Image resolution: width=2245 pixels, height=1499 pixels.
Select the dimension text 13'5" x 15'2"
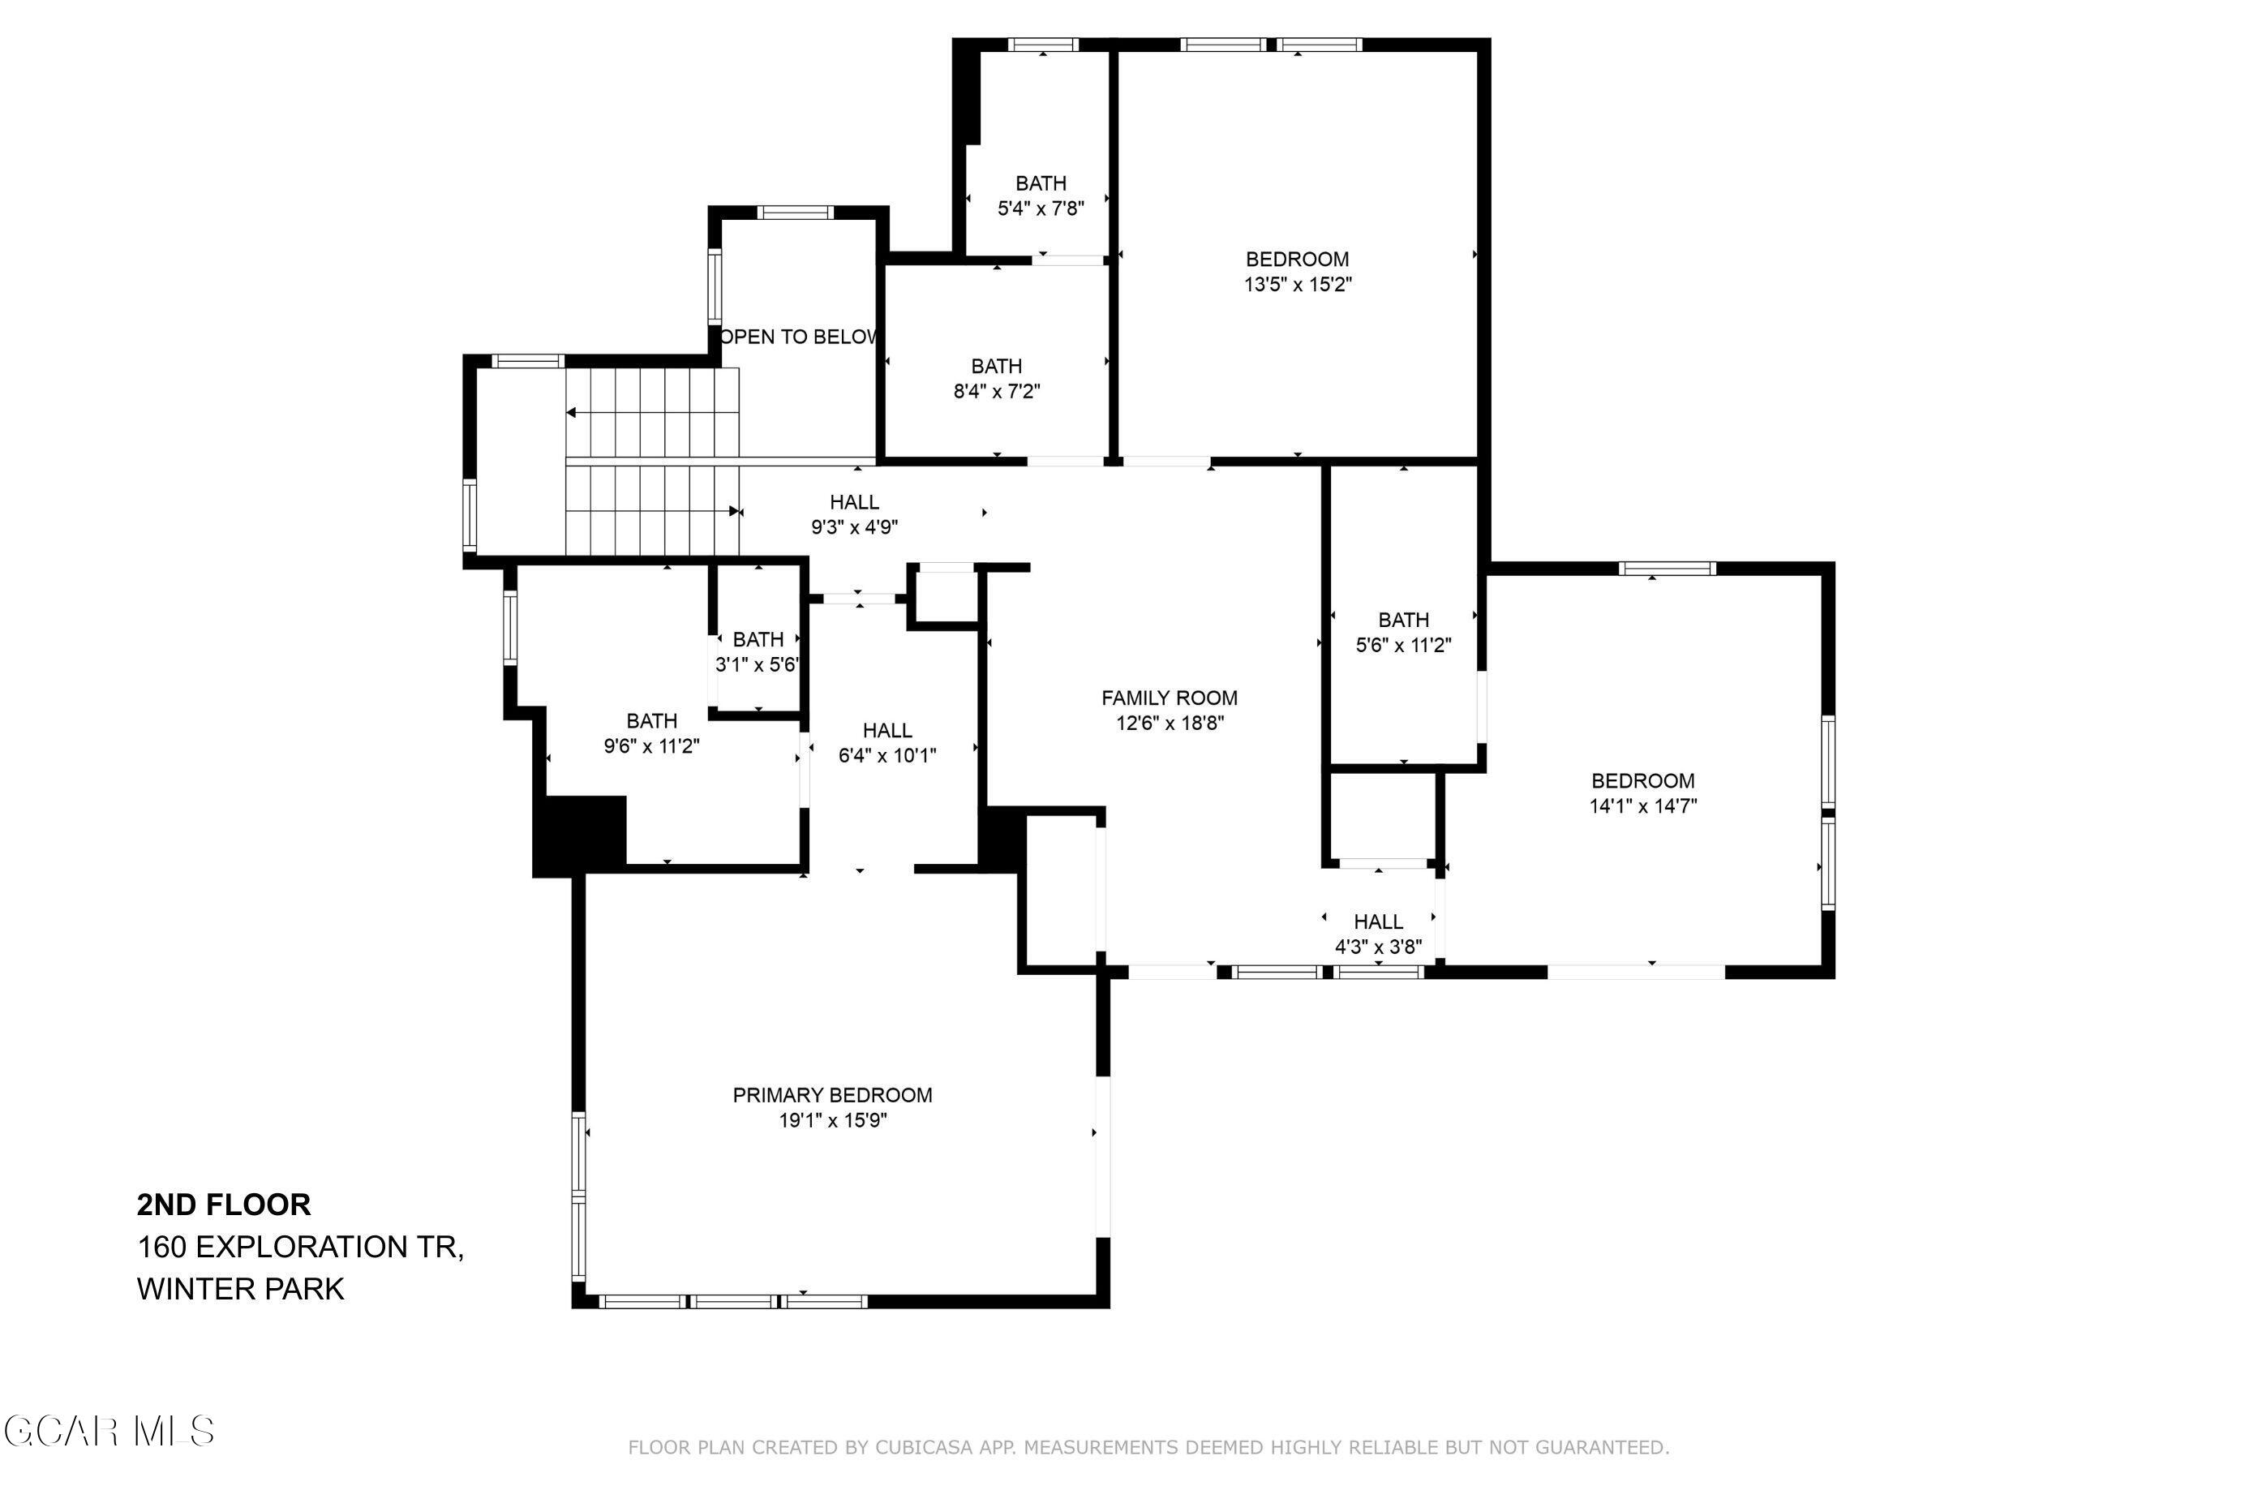1297,285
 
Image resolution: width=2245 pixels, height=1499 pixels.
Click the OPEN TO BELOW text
798,337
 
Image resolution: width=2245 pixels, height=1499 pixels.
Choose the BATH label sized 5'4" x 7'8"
1041,183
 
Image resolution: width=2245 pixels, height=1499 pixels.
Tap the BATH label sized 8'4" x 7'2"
996,366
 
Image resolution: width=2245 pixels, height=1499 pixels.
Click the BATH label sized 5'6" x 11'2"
1403,621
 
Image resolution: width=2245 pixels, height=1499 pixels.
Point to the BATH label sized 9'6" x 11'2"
652,722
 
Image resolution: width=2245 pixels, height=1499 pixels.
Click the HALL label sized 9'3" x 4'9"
853,503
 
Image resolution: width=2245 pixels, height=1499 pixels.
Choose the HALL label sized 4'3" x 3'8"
1377,922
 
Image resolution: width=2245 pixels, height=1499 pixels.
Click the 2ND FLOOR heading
224,1205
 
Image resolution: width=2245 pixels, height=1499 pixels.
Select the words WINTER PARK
240,1289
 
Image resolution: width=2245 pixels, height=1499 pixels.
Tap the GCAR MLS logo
108,1431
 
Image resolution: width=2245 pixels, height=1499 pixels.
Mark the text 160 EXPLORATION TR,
300,1247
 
